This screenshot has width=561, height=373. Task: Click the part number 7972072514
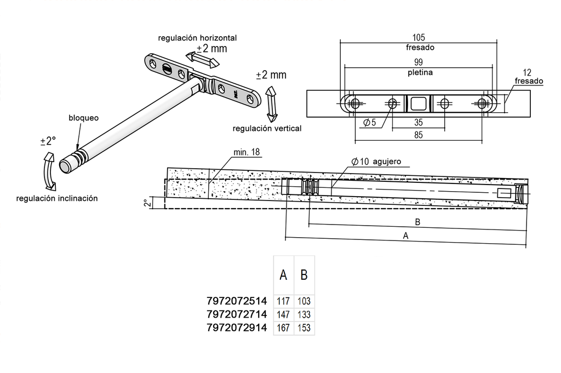pos(237,301)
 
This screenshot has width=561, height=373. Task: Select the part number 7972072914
pos(237,328)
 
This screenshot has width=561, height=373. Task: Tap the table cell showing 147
pos(283,314)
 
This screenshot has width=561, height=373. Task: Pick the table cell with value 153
pos(304,328)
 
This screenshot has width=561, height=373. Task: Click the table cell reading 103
pos(304,301)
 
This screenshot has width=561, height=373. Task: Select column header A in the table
pos(283,275)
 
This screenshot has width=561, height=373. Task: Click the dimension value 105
pos(419,38)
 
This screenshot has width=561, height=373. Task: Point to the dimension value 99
pos(419,62)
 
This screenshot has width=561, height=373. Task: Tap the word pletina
pos(419,72)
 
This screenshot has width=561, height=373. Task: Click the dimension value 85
pos(419,134)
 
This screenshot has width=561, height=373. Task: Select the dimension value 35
pos(419,123)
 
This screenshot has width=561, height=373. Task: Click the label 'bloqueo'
pos(83,118)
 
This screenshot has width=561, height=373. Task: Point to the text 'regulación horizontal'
pos(197,38)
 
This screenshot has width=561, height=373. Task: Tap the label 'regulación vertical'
pos(267,128)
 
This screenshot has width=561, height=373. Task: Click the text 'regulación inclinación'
pos(57,198)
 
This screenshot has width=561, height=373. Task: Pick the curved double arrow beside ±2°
pos(47,171)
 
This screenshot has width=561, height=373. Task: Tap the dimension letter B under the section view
pos(418,222)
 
